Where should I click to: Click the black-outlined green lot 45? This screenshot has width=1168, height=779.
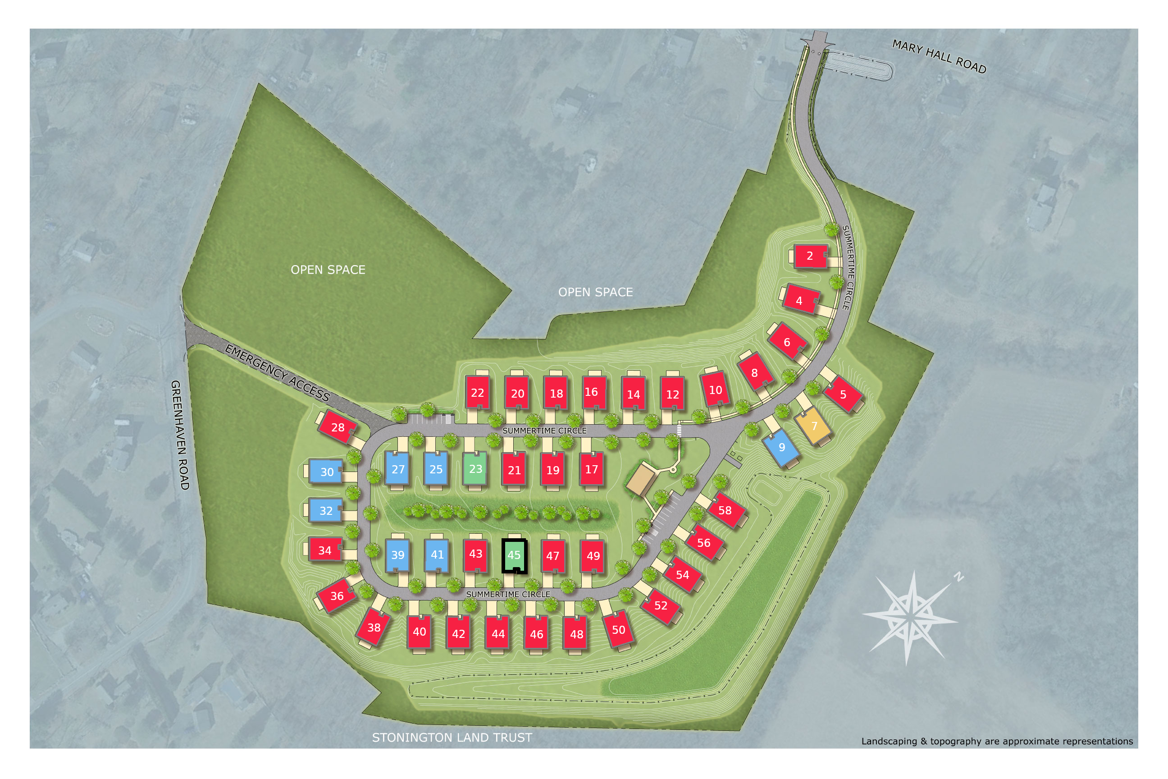tap(514, 555)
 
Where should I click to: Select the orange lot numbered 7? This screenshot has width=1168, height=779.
tap(813, 426)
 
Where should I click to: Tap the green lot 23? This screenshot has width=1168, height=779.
tap(475, 468)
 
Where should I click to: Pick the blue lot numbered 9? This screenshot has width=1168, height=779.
tap(782, 447)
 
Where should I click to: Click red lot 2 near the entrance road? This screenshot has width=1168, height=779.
tap(809, 256)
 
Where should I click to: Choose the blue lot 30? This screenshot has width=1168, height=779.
tap(326, 472)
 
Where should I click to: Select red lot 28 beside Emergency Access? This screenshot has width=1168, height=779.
tap(337, 427)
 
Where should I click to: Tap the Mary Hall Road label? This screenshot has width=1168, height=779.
tap(939, 56)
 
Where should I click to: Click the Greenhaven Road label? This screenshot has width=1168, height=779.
tap(180, 435)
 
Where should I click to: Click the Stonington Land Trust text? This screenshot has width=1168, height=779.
tap(452, 737)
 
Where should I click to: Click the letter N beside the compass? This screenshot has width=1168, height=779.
tap(958, 577)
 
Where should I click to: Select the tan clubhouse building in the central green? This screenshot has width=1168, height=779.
tap(641, 479)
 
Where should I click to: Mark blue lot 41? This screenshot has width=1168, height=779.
tap(437, 554)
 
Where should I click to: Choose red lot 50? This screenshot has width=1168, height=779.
tap(618, 629)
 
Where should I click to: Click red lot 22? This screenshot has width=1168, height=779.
tap(477, 393)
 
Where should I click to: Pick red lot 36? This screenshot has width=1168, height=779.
tap(337, 596)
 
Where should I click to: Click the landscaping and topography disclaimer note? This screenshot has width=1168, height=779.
tap(997, 741)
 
